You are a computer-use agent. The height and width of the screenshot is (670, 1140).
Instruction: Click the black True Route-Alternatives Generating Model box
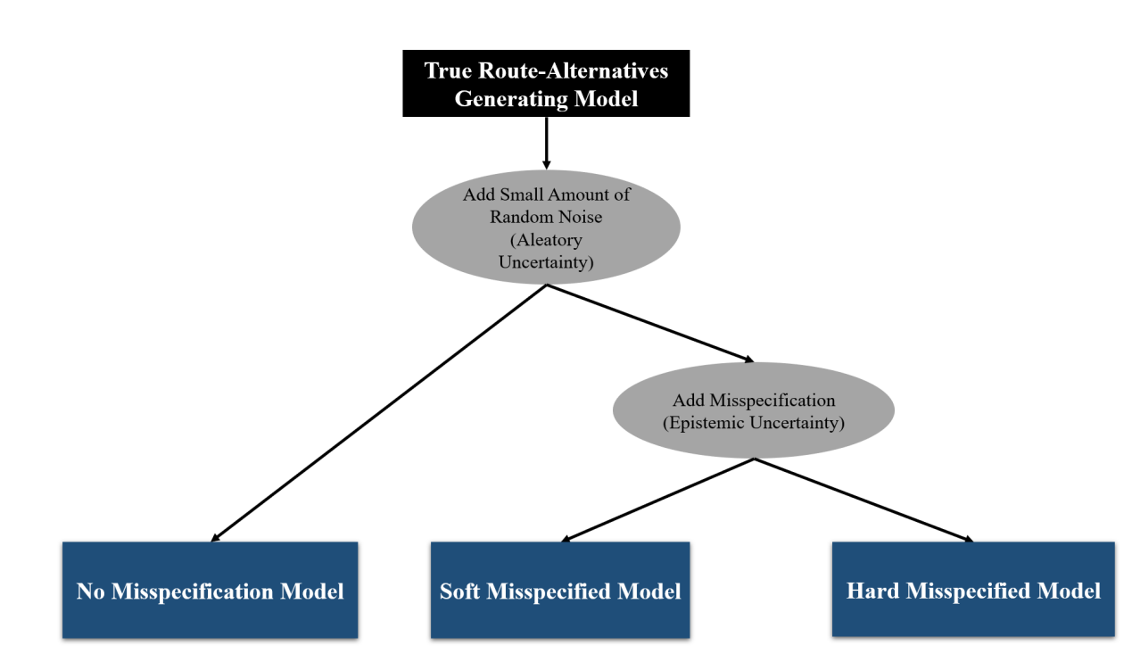[546, 84]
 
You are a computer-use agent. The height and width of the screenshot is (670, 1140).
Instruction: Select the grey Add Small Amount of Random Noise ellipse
[546, 227]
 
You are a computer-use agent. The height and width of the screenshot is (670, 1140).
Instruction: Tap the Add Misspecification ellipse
[754, 410]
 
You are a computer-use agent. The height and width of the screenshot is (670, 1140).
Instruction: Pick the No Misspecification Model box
[211, 590]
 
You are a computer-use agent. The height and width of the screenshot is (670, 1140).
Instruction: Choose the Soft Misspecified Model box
[560, 590]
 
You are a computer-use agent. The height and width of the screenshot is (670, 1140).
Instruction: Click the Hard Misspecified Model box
[973, 589]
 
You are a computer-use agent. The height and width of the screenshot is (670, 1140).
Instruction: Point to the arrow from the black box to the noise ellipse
[547, 143]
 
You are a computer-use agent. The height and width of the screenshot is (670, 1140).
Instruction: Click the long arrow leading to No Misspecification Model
[378, 413]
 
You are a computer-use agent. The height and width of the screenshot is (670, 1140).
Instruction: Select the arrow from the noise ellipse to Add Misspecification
[650, 323]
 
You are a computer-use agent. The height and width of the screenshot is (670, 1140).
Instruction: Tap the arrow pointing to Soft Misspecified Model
[657, 500]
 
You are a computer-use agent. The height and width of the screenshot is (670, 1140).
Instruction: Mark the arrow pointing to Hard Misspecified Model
[863, 500]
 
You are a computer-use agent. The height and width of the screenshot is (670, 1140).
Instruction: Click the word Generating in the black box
[511, 99]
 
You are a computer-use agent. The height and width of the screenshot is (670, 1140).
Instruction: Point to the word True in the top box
[448, 70]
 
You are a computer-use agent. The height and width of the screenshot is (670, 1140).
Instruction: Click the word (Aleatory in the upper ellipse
[546, 240]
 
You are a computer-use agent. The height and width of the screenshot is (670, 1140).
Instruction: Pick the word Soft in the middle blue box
[459, 591]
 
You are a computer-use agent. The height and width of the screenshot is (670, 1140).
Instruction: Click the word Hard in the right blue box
[872, 591]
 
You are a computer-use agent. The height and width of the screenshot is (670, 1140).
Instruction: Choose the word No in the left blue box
[91, 591]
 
